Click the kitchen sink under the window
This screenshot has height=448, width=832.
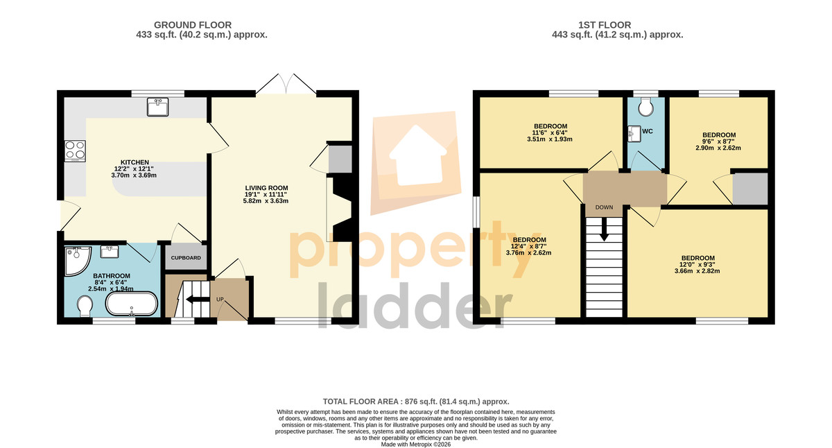(157, 107)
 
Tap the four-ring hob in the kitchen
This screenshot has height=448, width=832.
(75, 150)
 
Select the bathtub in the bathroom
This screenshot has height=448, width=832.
(132, 304)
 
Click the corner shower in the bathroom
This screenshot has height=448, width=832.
(77, 261)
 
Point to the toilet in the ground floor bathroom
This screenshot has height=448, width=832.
(85, 306)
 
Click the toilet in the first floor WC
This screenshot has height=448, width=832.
(646, 107)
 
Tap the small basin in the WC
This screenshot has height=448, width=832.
(634, 134)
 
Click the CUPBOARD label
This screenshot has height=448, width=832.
(186, 258)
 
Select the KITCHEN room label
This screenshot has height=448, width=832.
(135, 162)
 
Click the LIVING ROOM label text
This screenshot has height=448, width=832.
(266, 188)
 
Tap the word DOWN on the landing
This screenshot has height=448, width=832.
(604, 207)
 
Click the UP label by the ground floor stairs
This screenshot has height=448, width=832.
(220, 299)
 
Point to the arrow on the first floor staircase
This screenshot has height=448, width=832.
(605, 229)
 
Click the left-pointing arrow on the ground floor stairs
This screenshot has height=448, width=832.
(193, 299)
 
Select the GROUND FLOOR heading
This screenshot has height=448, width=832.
(193, 25)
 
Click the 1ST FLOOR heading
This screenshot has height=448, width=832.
(605, 25)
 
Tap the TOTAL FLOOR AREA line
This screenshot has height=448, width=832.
(416, 402)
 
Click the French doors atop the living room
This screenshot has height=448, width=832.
(286, 84)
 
